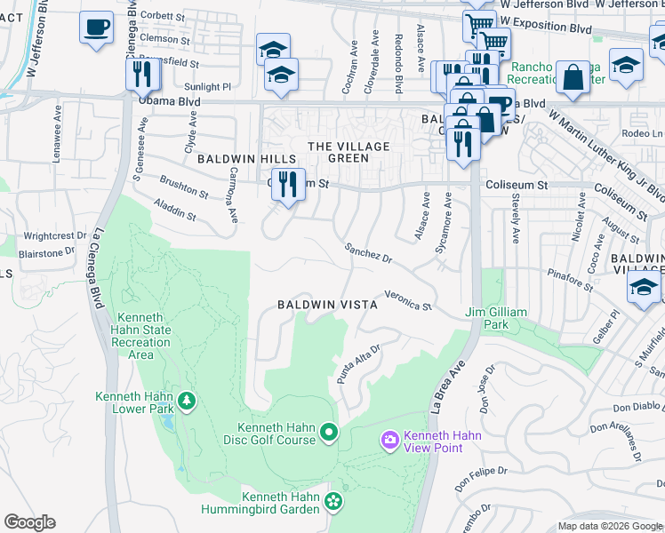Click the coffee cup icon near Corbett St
pos(96,27)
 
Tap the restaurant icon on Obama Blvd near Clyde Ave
pos(142,74)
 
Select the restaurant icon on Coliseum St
pos(287,184)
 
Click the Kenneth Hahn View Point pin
pos(389,440)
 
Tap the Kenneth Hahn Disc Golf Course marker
pos(329,433)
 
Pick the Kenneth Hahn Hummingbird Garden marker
pos(332,502)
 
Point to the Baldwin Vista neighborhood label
pos(327,304)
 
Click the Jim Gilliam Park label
pos(496,318)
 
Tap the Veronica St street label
pos(407,301)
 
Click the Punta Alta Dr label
pos(358,365)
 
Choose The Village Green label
pos(337,152)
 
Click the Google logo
pos(29,522)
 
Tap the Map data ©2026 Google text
pos(610,526)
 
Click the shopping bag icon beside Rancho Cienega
pos(573,76)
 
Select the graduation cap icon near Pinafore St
pos(644,287)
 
